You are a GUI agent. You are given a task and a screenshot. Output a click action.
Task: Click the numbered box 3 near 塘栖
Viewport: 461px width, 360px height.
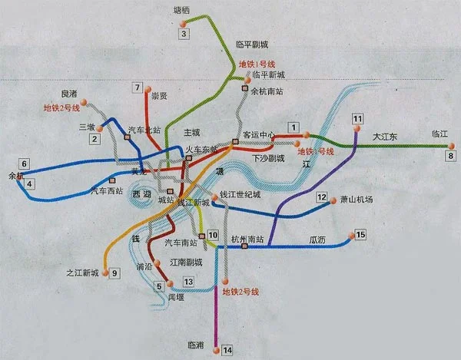point(184,33)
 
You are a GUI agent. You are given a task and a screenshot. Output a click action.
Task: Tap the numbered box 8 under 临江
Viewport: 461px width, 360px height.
point(450,156)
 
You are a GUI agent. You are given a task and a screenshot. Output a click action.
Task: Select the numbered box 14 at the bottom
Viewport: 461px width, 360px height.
point(227,350)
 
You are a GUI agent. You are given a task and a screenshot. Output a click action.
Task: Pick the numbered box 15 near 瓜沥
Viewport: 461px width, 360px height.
point(360,234)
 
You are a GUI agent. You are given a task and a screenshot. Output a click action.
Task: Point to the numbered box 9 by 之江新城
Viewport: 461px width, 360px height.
point(115,272)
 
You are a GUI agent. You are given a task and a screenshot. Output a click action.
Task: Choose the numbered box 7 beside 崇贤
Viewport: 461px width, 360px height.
point(138,88)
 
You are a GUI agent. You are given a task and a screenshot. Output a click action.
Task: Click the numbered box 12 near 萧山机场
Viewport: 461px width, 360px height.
point(322,197)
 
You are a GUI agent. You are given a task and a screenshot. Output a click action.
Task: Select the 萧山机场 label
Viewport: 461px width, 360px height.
point(357,200)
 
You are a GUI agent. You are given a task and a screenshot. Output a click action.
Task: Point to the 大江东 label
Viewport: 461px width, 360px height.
point(386,136)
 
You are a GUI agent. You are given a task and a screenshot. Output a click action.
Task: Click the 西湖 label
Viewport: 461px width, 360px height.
point(142,196)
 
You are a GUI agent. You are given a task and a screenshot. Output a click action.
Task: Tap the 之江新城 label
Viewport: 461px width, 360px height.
point(83,272)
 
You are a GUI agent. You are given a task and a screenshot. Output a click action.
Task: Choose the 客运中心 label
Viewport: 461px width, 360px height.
point(258,134)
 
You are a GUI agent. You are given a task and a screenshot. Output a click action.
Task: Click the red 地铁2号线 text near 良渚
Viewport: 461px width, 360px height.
point(61,107)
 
